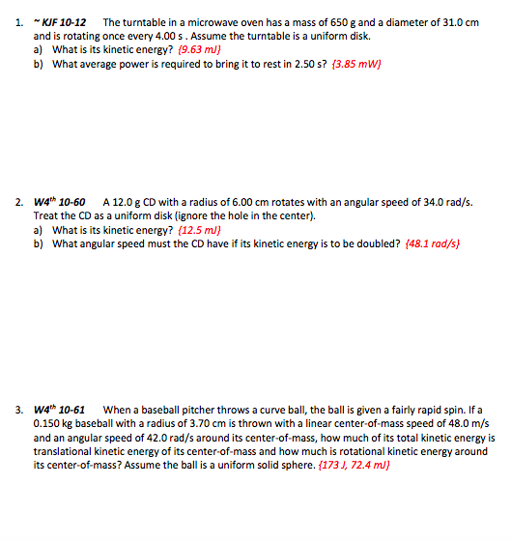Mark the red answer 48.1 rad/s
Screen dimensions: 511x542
coord(429,243)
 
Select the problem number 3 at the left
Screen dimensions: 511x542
coord(19,410)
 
